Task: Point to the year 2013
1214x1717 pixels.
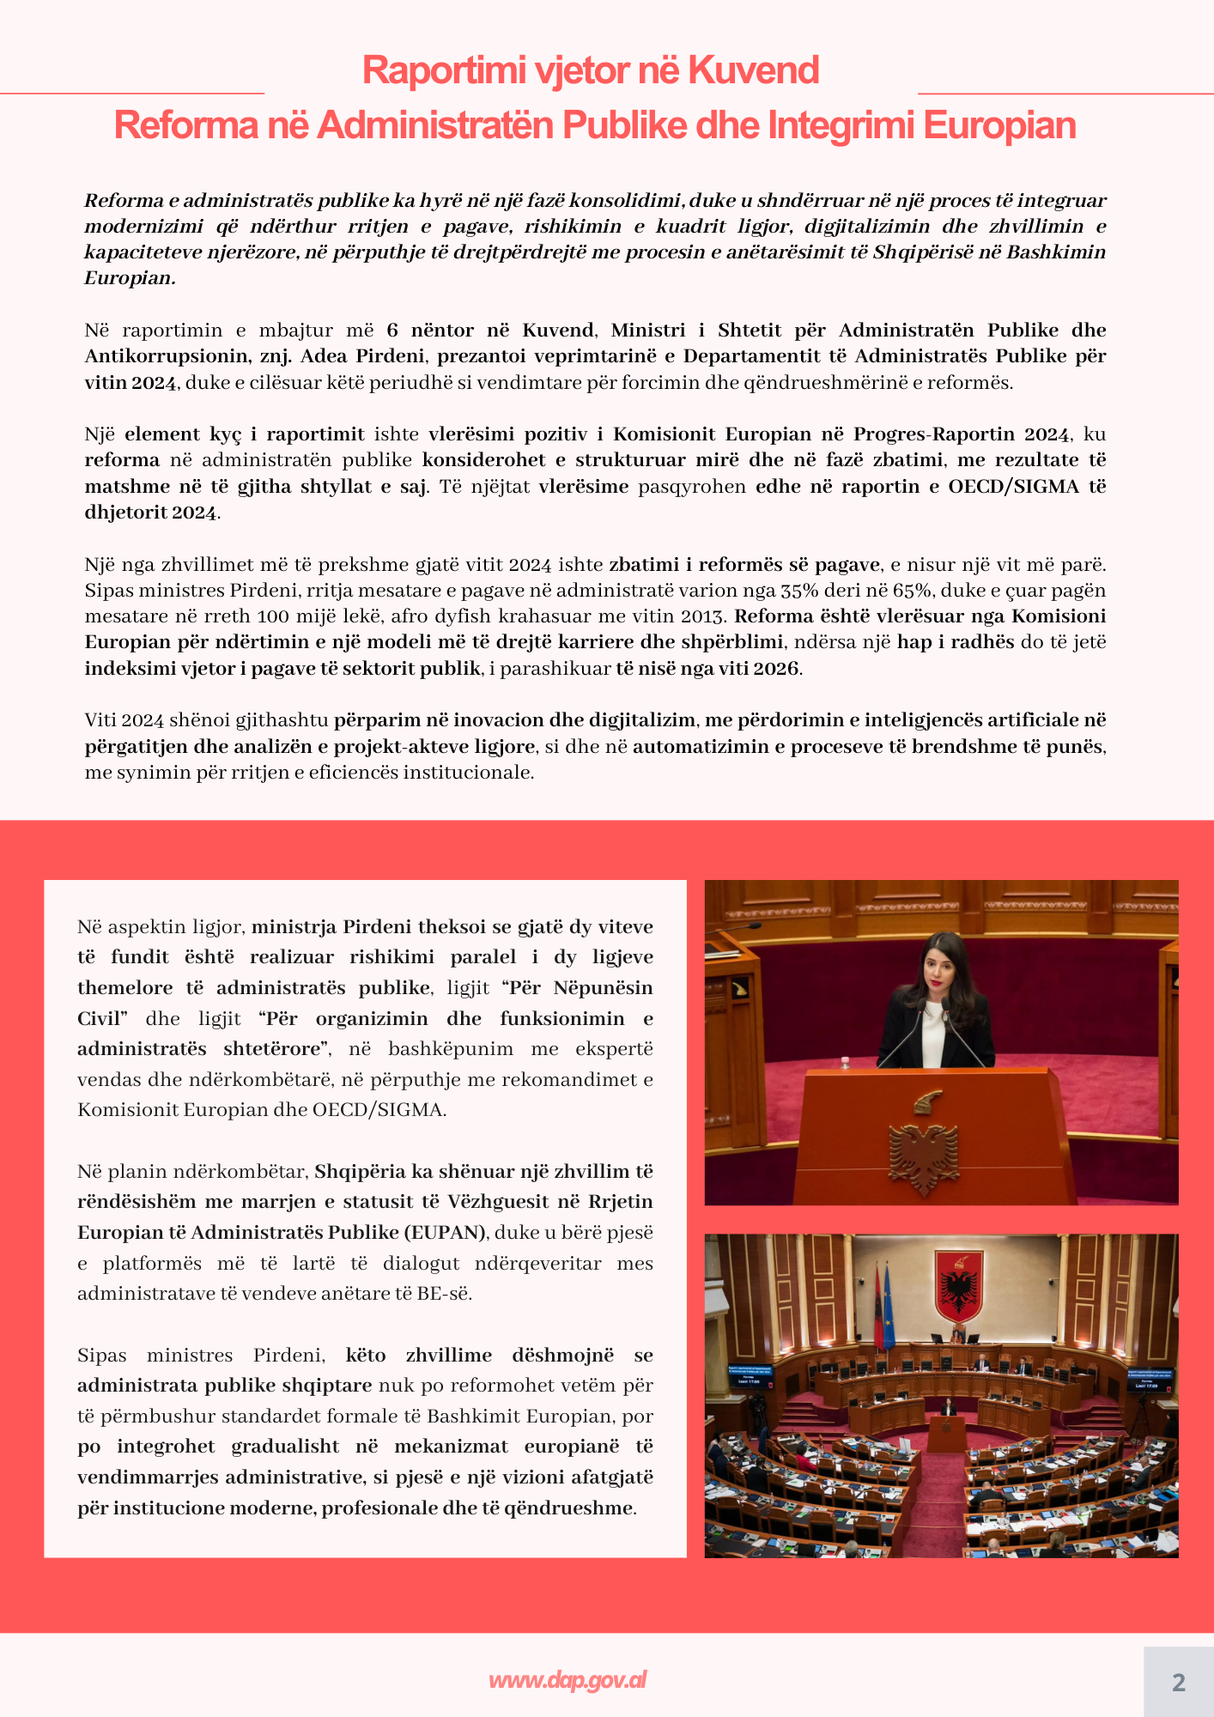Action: [703, 616]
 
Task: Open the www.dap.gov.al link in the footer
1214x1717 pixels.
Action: [568, 1680]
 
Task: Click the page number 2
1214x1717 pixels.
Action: [1178, 1683]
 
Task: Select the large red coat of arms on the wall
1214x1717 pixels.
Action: [958, 1285]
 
